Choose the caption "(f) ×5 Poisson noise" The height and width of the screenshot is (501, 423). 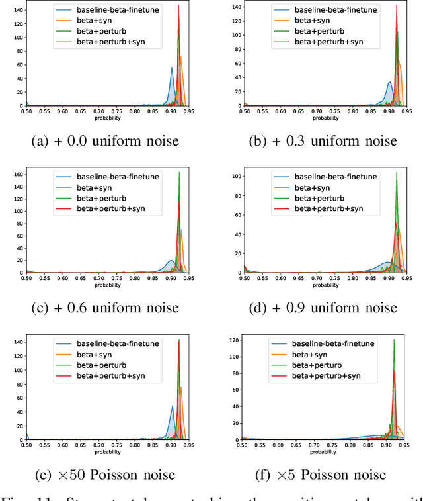pos(321,475)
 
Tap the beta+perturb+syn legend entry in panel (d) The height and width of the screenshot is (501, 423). pos(328,209)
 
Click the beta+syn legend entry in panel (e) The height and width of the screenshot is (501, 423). pos(91,355)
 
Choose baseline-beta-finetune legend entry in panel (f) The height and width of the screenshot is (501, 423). pos(334,343)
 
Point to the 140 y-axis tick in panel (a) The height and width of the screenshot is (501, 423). pos(19,11)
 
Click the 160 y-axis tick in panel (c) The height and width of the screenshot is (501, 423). pos(19,175)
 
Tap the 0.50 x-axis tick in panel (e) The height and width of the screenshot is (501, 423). pos(26,447)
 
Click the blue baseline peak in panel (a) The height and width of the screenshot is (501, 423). pos(172,68)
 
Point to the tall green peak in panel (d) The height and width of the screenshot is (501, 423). pos(397,173)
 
